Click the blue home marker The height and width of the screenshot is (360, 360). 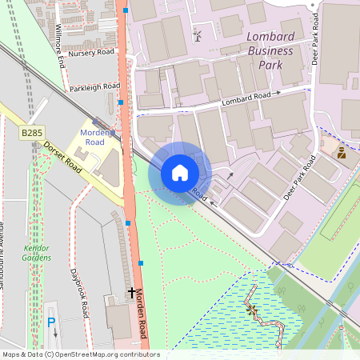pyautogui.click(x=180, y=173)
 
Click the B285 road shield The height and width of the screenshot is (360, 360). pyautogui.click(x=31, y=131)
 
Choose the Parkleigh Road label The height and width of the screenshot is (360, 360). pyautogui.click(x=94, y=86)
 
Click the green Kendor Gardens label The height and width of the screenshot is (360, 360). pyautogui.click(x=37, y=252)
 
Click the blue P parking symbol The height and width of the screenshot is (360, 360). pyautogui.click(x=52, y=322)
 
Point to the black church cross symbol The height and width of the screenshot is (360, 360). pyautogui.click(x=131, y=294)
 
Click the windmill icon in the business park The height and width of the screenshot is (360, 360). pyautogui.click(x=197, y=36)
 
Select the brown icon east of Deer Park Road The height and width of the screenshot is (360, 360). pyautogui.click(x=342, y=152)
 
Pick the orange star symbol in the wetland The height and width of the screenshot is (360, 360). pyautogui.click(x=252, y=312)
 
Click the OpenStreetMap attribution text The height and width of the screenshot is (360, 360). pyautogui.click(x=80, y=354)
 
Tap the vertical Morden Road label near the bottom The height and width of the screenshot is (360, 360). pyautogui.click(x=141, y=316)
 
